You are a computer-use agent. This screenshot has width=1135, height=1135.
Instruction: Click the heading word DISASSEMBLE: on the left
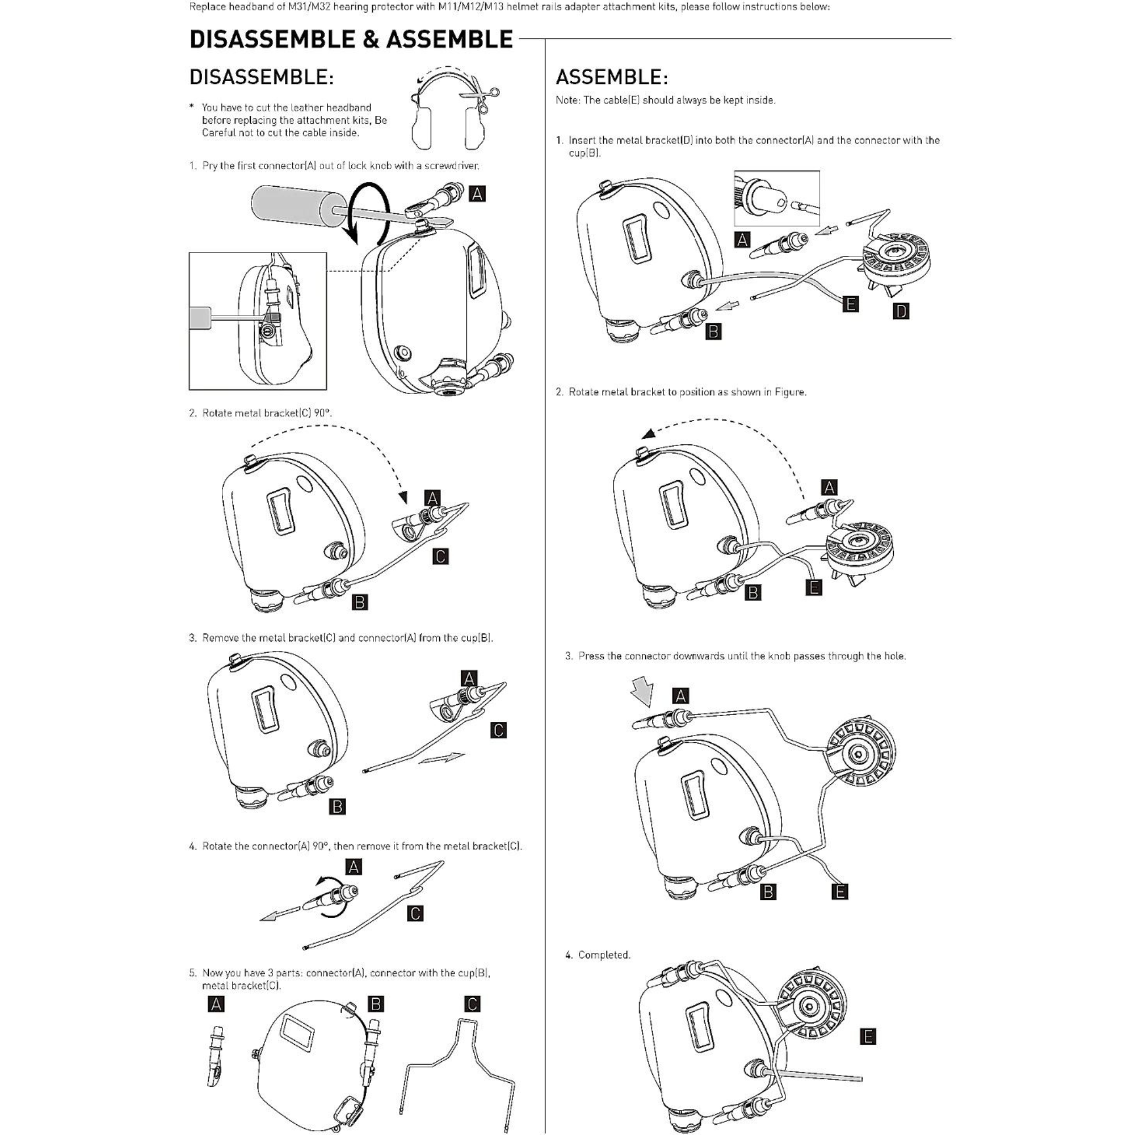pos(262,77)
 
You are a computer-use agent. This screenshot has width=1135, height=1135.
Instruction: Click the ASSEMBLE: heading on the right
pos(611,77)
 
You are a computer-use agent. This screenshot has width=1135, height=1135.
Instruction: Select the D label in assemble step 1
pos(901,312)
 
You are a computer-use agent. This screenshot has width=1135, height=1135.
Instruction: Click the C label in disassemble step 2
pos(440,556)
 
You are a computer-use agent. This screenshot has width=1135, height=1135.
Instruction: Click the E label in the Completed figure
pos(868,1036)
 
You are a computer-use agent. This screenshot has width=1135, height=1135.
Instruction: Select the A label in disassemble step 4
pos(354,867)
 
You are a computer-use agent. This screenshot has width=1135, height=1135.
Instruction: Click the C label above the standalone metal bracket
pos(472,1004)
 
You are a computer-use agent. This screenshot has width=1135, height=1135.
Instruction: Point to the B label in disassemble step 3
pos(337,806)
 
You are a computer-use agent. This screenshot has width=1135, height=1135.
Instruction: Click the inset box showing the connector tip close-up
pos(777,198)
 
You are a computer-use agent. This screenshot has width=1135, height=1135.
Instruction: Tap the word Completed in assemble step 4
pos(603,955)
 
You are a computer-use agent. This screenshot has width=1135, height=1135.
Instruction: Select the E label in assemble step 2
pos(814,587)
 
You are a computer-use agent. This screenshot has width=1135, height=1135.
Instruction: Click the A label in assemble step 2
pos(829,487)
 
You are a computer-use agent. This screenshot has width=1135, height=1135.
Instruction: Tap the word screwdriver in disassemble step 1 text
pos(451,166)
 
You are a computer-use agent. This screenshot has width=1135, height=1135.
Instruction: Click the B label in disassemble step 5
pos(376,1004)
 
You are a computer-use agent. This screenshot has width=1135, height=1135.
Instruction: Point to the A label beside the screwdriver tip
pos(477,194)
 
